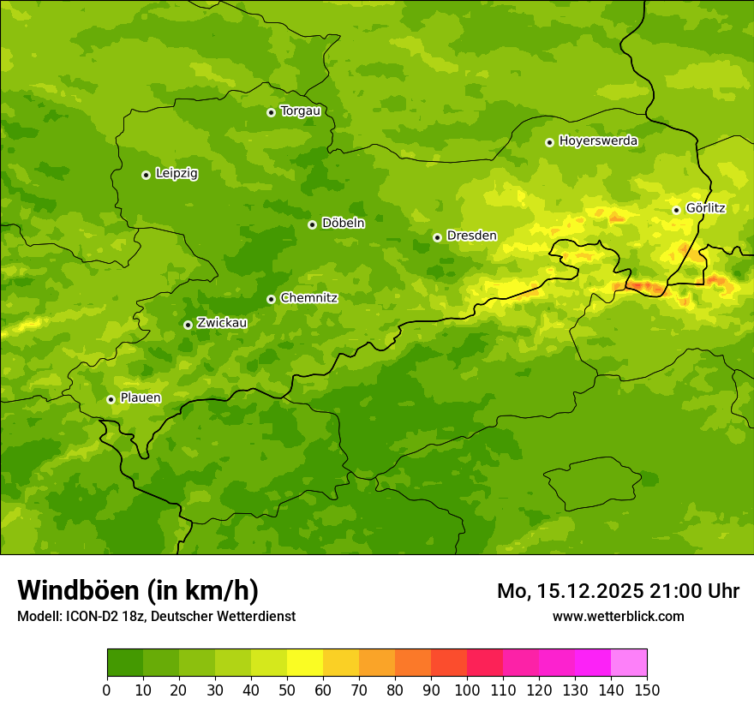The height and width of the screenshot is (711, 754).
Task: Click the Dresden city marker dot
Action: (x=437, y=237)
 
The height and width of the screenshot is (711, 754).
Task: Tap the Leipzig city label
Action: (x=177, y=173)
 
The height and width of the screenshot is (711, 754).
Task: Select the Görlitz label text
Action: (x=705, y=208)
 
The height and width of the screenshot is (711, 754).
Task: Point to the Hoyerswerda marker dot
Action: (x=549, y=142)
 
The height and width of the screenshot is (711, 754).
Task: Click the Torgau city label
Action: (x=300, y=111)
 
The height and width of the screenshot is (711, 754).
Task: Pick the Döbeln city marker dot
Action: (x=312, y=224)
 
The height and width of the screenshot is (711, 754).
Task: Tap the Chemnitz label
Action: (x=308, y=298)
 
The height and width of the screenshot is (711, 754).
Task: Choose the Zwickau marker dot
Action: (x=188, y=325)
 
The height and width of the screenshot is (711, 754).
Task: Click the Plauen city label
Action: (x=141, y=397)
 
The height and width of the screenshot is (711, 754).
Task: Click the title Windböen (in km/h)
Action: (x=138, y=590)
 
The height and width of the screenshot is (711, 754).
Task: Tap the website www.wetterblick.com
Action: (x=618, y=616)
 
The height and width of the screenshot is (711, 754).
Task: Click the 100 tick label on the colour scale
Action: (x=467, y=690)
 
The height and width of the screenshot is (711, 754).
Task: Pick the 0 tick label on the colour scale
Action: (x=107, y=690)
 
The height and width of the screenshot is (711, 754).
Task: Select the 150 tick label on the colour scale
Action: (x=647, y=690)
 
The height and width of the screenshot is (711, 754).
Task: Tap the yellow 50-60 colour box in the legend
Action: (x=305, y=663)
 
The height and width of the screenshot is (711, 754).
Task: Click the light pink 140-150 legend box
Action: (x=629, y=663)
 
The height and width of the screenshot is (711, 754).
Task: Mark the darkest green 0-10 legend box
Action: (x=125, y=663)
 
